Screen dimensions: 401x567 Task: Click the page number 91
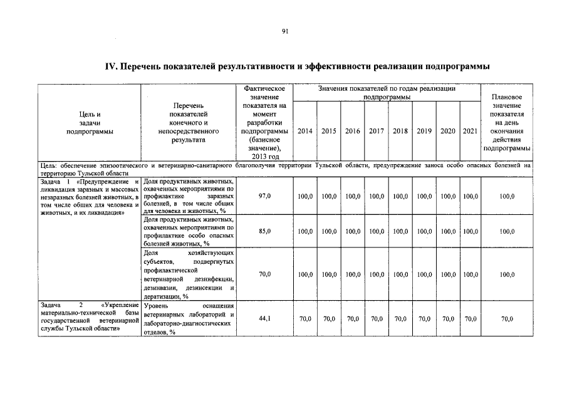[284, 31]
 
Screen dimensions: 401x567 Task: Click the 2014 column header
[305, 132]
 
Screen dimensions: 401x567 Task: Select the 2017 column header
[376, 132]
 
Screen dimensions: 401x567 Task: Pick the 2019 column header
[424, 132]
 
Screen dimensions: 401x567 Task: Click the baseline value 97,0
[264, 197]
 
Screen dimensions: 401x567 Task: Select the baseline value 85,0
[264, 231]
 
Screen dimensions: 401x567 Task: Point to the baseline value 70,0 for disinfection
[264, 274]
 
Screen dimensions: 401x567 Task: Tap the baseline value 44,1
[264, 319]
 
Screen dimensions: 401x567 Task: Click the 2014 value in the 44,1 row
[305, 319]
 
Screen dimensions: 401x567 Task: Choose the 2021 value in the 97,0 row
[470, 197]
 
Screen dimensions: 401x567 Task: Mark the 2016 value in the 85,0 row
[353, 231]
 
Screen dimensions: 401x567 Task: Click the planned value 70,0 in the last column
[507, 319]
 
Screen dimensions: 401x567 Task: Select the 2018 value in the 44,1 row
[400, 319]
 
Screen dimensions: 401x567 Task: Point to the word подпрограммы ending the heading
[457, 66]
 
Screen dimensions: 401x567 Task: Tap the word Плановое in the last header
[507, 98]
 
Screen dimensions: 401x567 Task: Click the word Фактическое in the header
[264, 90]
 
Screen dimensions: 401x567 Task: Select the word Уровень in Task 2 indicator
[156, 305]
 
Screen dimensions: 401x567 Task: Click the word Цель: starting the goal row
[49, 165]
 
